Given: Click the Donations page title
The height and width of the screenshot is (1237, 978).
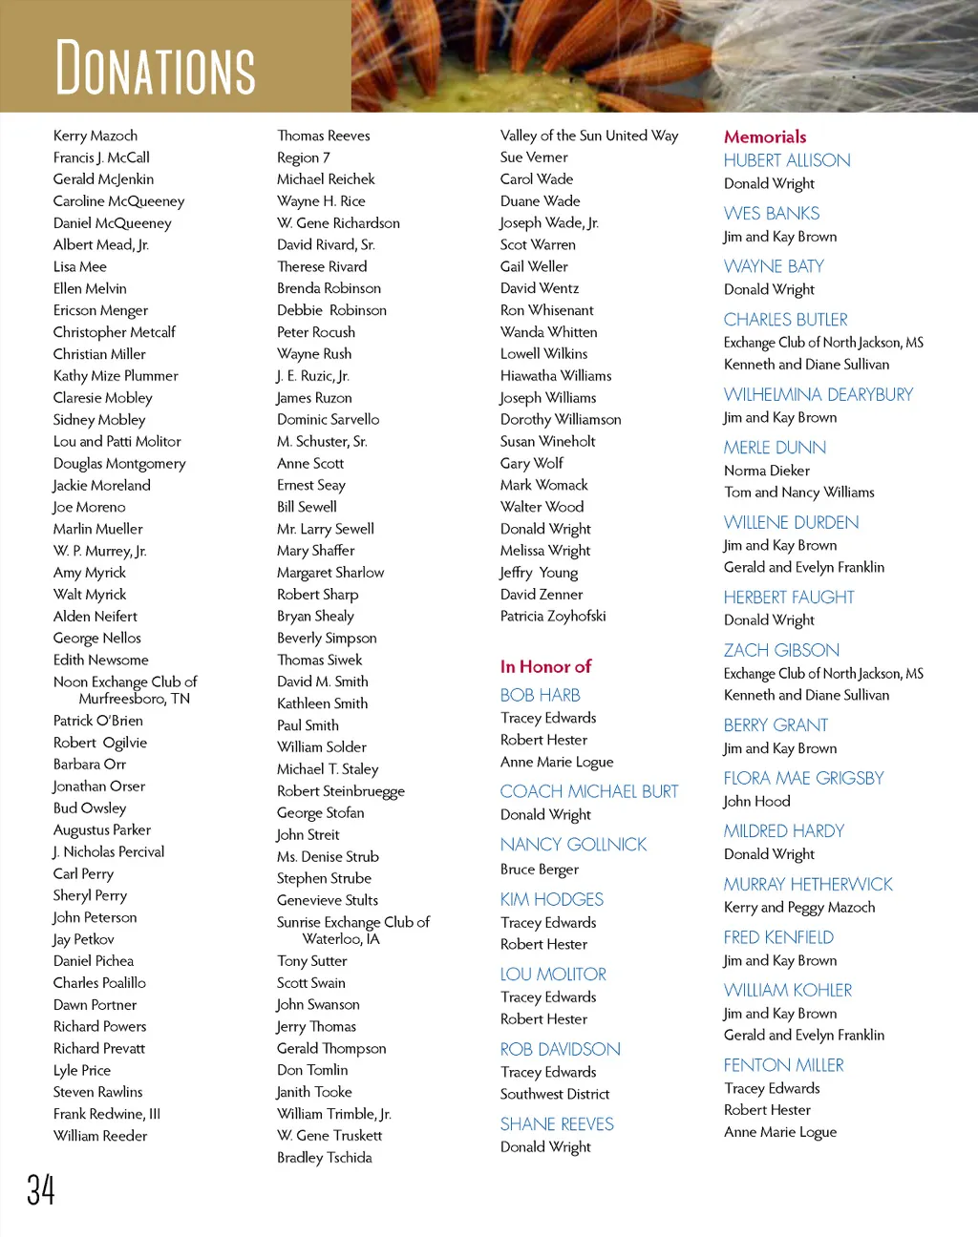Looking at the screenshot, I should tap(156, 67).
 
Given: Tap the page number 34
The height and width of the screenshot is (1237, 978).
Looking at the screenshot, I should tap(41, 1190).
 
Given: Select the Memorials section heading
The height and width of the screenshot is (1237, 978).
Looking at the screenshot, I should tap(765, 136).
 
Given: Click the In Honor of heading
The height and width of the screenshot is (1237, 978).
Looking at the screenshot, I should tap(545, 666).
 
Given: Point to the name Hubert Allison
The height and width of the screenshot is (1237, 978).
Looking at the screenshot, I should tap(787, 160).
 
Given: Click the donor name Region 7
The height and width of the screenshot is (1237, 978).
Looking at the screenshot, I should tap(304, 157).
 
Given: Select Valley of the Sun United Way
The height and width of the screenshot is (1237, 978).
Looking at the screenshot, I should tap(589, 136).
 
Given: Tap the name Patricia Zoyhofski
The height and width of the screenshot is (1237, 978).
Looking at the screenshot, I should tap(553, 616).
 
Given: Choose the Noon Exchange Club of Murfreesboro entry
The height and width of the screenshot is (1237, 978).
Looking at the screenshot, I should tap(125, 689).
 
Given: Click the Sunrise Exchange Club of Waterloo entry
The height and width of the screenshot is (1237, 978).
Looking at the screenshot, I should tap(353, 930).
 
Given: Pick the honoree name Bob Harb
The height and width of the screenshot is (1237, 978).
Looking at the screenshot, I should tap(541, 695).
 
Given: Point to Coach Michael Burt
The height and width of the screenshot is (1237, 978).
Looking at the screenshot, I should tap(589, 791).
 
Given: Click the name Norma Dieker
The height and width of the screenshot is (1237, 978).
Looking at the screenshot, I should tap(767, 471).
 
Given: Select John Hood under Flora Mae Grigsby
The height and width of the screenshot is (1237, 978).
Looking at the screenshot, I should tap(757, 801).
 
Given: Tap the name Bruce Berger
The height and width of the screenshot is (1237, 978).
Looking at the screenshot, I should tap(540, 869).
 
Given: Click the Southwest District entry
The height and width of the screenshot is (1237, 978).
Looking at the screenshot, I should tap(555, 1094).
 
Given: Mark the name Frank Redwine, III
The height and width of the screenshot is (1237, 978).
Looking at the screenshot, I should tap(107, 1114).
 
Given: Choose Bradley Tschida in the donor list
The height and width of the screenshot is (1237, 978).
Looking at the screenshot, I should tap(325, 1157).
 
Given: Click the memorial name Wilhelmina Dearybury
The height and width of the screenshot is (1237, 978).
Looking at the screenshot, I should tap(819, 394).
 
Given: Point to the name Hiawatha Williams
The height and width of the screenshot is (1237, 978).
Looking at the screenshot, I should tap(556, 375).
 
